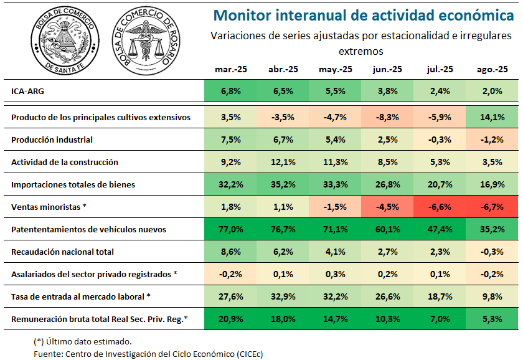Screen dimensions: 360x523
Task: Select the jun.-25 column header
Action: coord(387,69)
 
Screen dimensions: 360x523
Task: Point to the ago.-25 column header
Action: coord(493,69)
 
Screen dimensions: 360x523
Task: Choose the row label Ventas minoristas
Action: coord(49,207)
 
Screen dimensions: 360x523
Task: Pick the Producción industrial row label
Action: coord(52,140)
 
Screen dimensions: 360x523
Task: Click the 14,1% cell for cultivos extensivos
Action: coord(492,117)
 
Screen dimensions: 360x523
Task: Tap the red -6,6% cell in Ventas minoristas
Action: coord(440,207)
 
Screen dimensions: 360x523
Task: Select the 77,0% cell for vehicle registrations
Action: coord(231,229)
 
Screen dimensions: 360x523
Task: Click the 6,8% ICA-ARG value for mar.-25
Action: coord(231,91)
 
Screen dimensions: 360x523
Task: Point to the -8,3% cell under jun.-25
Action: coord(387,117)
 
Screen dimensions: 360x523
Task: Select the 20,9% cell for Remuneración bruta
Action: coord(231,319)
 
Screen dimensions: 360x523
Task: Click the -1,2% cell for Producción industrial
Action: coord(492,140)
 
